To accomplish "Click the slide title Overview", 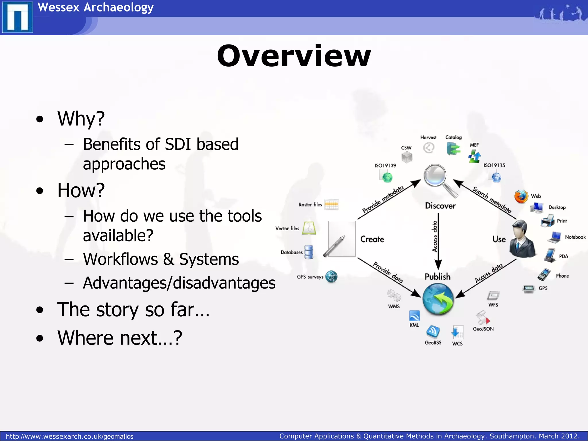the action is pos(294,56).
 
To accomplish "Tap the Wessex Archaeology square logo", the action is pos(18,17).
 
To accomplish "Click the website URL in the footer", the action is pos(69,436).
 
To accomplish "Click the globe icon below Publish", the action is pos(438,299).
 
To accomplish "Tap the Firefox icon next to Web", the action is pos(521,197).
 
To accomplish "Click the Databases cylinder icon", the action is pos(309,252).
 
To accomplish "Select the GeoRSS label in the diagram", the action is pos(433,343).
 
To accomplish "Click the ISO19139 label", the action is pos(385,165).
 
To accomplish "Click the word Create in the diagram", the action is pos(372,239).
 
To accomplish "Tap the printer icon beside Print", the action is pos(547,221).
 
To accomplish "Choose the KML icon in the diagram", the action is pos(414,316).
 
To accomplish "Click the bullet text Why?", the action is pos(81,119).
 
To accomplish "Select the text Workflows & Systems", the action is pos(161,259).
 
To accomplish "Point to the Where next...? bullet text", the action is pos(120,338).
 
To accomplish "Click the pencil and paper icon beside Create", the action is pos(340,239).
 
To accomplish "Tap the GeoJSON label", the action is pos(483,329).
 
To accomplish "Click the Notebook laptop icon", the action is pos(555,237).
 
